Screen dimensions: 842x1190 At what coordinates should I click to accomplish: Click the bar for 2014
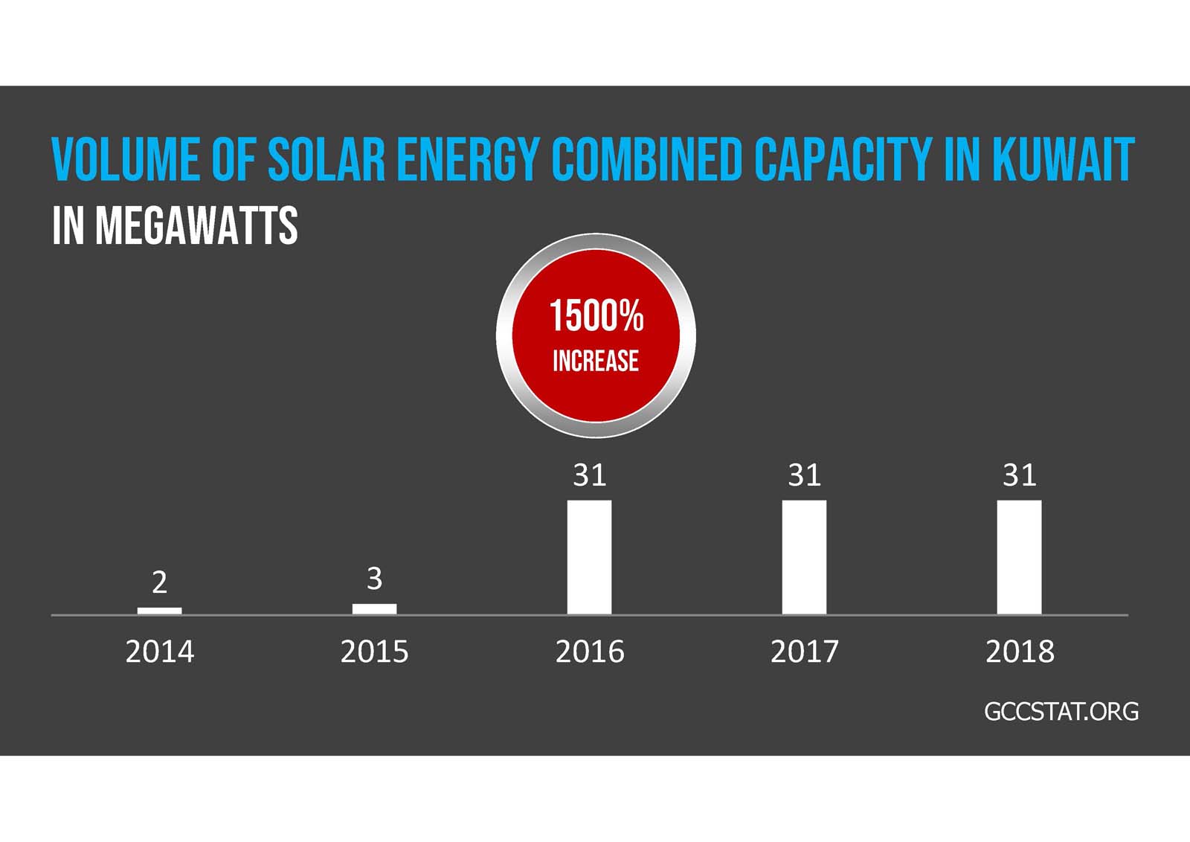tap(159, 611)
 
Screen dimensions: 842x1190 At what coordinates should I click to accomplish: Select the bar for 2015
tap(374, 608)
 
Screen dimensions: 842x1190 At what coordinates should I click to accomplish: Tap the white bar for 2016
tap(589, 556)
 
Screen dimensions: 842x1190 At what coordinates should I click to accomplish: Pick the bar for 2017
tap(804, 556)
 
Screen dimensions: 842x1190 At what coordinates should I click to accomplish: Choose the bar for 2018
tap(1019, 556)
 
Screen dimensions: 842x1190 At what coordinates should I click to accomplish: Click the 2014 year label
tap(159, 652)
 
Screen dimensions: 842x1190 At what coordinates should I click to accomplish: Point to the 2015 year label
tap(374, 652)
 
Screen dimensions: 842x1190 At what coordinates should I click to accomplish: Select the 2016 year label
tap(589, 652)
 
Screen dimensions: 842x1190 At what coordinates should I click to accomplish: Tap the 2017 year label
tap(804, 652)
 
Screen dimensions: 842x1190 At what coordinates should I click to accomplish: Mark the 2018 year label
tap(1019, 652)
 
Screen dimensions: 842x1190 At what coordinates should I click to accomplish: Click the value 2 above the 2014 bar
tap(159, 582)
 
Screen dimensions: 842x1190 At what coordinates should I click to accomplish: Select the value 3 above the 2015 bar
tap(374, 578)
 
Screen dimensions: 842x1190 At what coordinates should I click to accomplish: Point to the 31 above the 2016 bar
tap(589, 475)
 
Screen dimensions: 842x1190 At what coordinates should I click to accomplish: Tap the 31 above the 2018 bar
tap(1019, 475)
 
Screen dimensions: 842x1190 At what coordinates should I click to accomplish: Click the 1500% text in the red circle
tap(596, 315)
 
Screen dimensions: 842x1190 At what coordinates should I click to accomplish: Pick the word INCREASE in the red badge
tap(595, 361)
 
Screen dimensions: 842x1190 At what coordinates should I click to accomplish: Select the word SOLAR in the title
tap(327, 158)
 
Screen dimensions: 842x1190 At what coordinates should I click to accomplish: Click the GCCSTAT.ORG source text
tap(1061, 711)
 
